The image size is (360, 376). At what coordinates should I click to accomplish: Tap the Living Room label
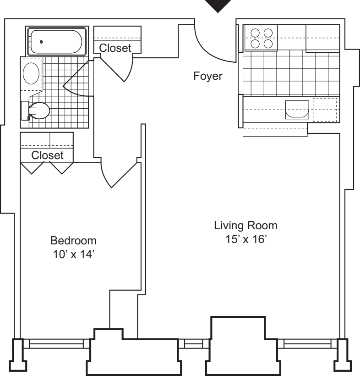click(x=246, y=226)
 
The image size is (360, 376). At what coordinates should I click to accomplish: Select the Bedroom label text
click(x=74, y=240)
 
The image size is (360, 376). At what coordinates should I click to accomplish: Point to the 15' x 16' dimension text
click(x=246, y=239)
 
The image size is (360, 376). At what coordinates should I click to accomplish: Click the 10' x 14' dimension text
click(x=74, y=254)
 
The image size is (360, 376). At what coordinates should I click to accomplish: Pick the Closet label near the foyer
click(x=115, y=47)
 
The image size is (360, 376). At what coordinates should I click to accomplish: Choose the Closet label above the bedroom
click(x=47, y=155)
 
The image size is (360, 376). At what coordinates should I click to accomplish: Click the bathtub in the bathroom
click(x=55, y=42)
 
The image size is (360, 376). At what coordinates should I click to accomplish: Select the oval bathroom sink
click(x=32, y=73)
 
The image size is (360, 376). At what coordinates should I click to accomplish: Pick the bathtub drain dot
click(x=42, y=42)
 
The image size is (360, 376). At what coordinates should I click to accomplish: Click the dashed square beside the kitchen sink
click(x=325, y=110)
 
